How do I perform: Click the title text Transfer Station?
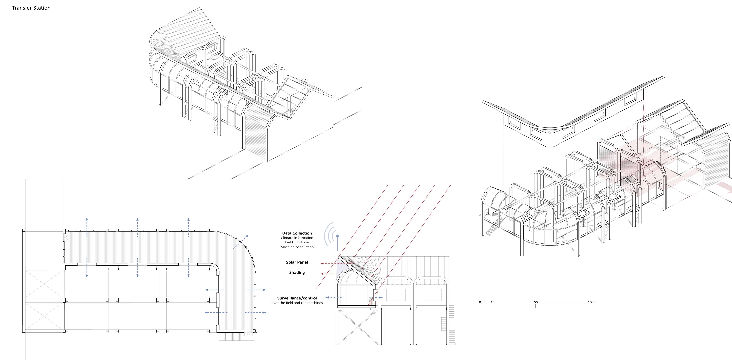coord(31,8)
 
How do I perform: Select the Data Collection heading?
coord(297,233)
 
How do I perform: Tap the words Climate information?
coord(297,238)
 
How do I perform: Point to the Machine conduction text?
coord(297,247)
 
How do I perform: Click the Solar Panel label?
coord(297,262)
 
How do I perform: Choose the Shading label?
coord(297,273)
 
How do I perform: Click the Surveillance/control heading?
coord(297,298)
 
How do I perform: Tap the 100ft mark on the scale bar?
coord(592,302)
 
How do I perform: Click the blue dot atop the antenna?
coord(338,236)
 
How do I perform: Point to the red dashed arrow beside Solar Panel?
coord(329,264)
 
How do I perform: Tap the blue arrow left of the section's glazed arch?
coord(333,297)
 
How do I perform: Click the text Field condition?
coord(297,242)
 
